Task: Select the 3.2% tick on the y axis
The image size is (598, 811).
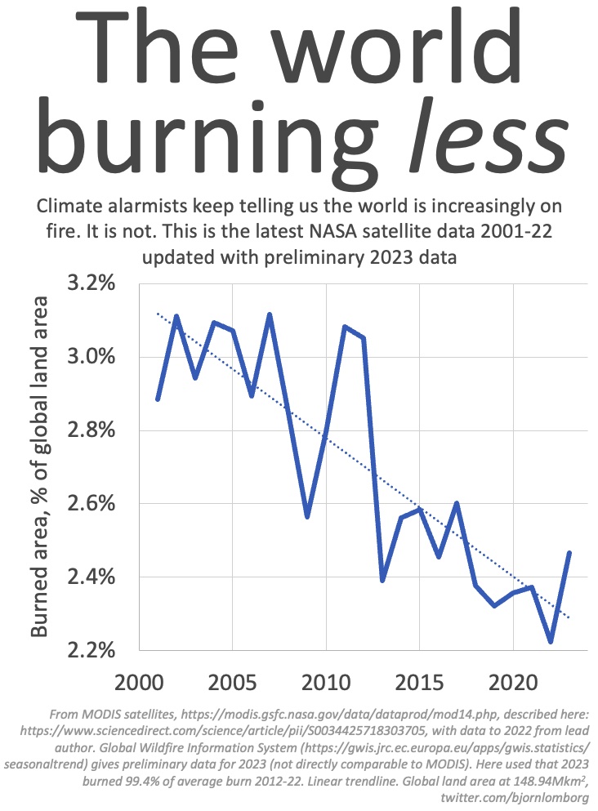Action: click(91, 283)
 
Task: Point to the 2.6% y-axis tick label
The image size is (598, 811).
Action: click(91, 503)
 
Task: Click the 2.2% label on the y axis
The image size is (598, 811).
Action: click(91, 649)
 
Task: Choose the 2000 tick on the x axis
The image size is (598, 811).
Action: click(139, 683)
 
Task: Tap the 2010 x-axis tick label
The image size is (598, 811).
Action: click(326, 683)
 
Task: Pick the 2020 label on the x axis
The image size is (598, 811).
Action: click(513, 683)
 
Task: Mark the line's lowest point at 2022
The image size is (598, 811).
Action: click(551, 641)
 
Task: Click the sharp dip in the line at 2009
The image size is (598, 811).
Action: click(307, 516)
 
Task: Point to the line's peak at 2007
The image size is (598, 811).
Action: click(270, 314)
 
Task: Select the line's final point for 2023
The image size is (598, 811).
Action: click(569, 553)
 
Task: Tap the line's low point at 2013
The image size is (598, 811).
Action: click(382, 581)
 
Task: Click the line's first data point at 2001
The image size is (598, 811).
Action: click(158, 399)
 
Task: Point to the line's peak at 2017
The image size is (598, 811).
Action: click(457, 503)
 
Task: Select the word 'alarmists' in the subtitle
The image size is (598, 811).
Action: click(146, 206)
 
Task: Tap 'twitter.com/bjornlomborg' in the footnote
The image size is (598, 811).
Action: click(515, 797)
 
